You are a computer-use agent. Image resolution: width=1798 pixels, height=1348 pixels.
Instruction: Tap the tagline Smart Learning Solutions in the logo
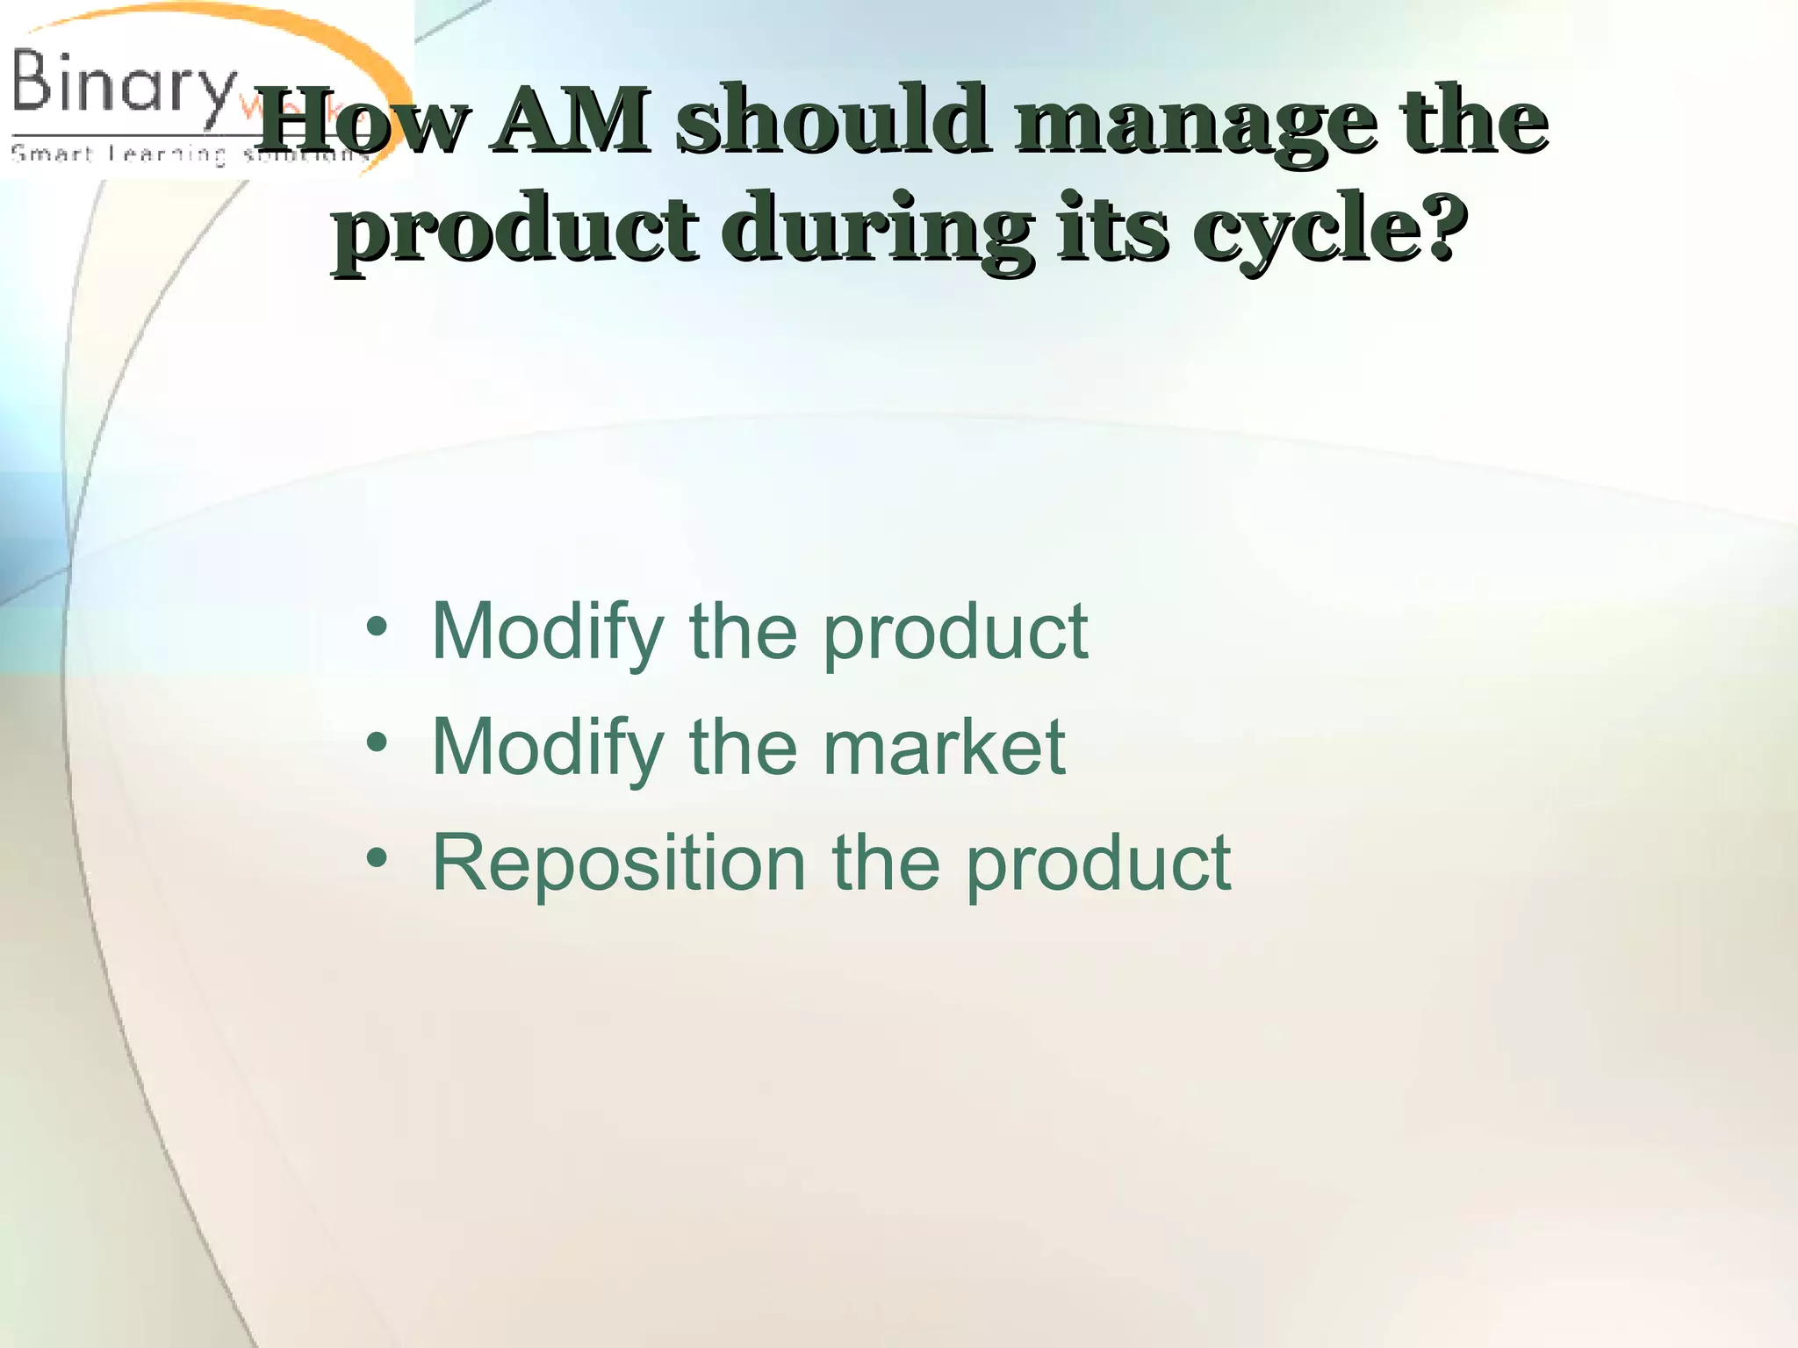[x=189, y=155]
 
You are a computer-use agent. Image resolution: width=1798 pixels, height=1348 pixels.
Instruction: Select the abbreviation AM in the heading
[x=571, y=121]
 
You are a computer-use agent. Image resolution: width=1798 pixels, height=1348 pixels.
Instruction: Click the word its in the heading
[x=1112, y=230]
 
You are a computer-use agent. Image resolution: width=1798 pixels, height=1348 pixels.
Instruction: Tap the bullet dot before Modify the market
[x=377, y=743]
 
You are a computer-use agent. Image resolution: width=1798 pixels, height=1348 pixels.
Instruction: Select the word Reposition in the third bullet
[x=619, y=865]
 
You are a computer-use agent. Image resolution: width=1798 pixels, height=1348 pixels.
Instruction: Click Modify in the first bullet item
[x=547, y=634]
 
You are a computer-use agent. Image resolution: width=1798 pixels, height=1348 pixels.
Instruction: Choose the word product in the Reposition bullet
[x=1098, y=865]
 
